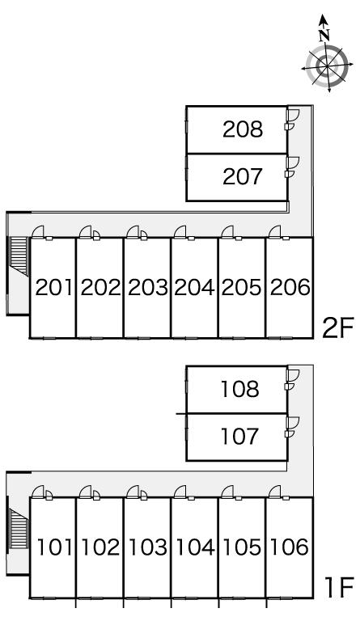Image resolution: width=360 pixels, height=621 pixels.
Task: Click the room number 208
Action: tap(243, 129)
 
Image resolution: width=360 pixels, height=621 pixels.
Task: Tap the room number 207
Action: tap(243, 176)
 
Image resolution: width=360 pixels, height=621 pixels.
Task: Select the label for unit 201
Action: tap(54, 288)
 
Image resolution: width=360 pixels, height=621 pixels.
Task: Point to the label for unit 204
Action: tap(194, 288)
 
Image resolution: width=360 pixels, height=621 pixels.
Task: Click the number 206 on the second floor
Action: tap(290, 288)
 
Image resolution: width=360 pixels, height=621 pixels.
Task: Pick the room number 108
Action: tap(240, 389)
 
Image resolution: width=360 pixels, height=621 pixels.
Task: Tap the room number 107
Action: tap(240, 437)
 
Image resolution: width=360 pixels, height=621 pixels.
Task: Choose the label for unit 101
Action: tap(55, 547)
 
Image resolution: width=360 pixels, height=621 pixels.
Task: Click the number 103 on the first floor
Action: tap(148, 547)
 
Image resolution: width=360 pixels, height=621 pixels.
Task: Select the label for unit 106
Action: tap(289, 547)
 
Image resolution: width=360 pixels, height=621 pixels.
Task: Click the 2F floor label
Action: tap(337, 328)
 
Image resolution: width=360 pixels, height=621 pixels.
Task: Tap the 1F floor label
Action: tap(338, 588)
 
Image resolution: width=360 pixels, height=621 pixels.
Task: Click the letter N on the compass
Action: tap(324, 36)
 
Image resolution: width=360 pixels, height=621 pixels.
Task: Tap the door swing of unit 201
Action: tap(38, 231)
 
